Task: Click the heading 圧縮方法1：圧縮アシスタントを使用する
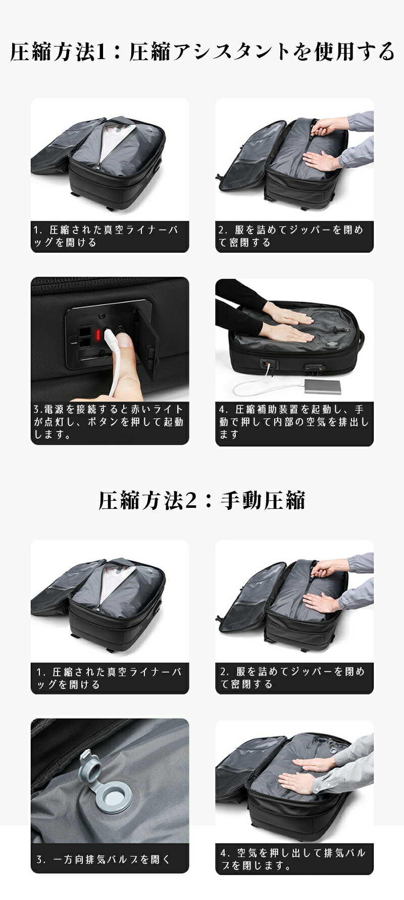pyautogui.click(x=202, y=52)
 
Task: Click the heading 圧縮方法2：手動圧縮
pyautogui.click(x=202, y=501)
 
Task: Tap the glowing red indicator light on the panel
pyautogui.click(x=99, y=334)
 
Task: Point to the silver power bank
pyautogui.click(x=322, y=387)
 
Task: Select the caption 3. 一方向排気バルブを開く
pyautogui.click(x=104, y=859)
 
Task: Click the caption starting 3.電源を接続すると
pyautogui.click(x=109, y=422)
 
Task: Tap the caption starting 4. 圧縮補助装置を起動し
pyautogui.click(x=294, y=422)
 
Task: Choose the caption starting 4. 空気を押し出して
pyautogui.click(x=293, y=859)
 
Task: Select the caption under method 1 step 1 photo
pyautogui.click(x=106, y=236)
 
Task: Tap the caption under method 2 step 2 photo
pyautogui.click(x=292, y=678)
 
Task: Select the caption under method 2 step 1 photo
pyautogui.click(x=109, y=678)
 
